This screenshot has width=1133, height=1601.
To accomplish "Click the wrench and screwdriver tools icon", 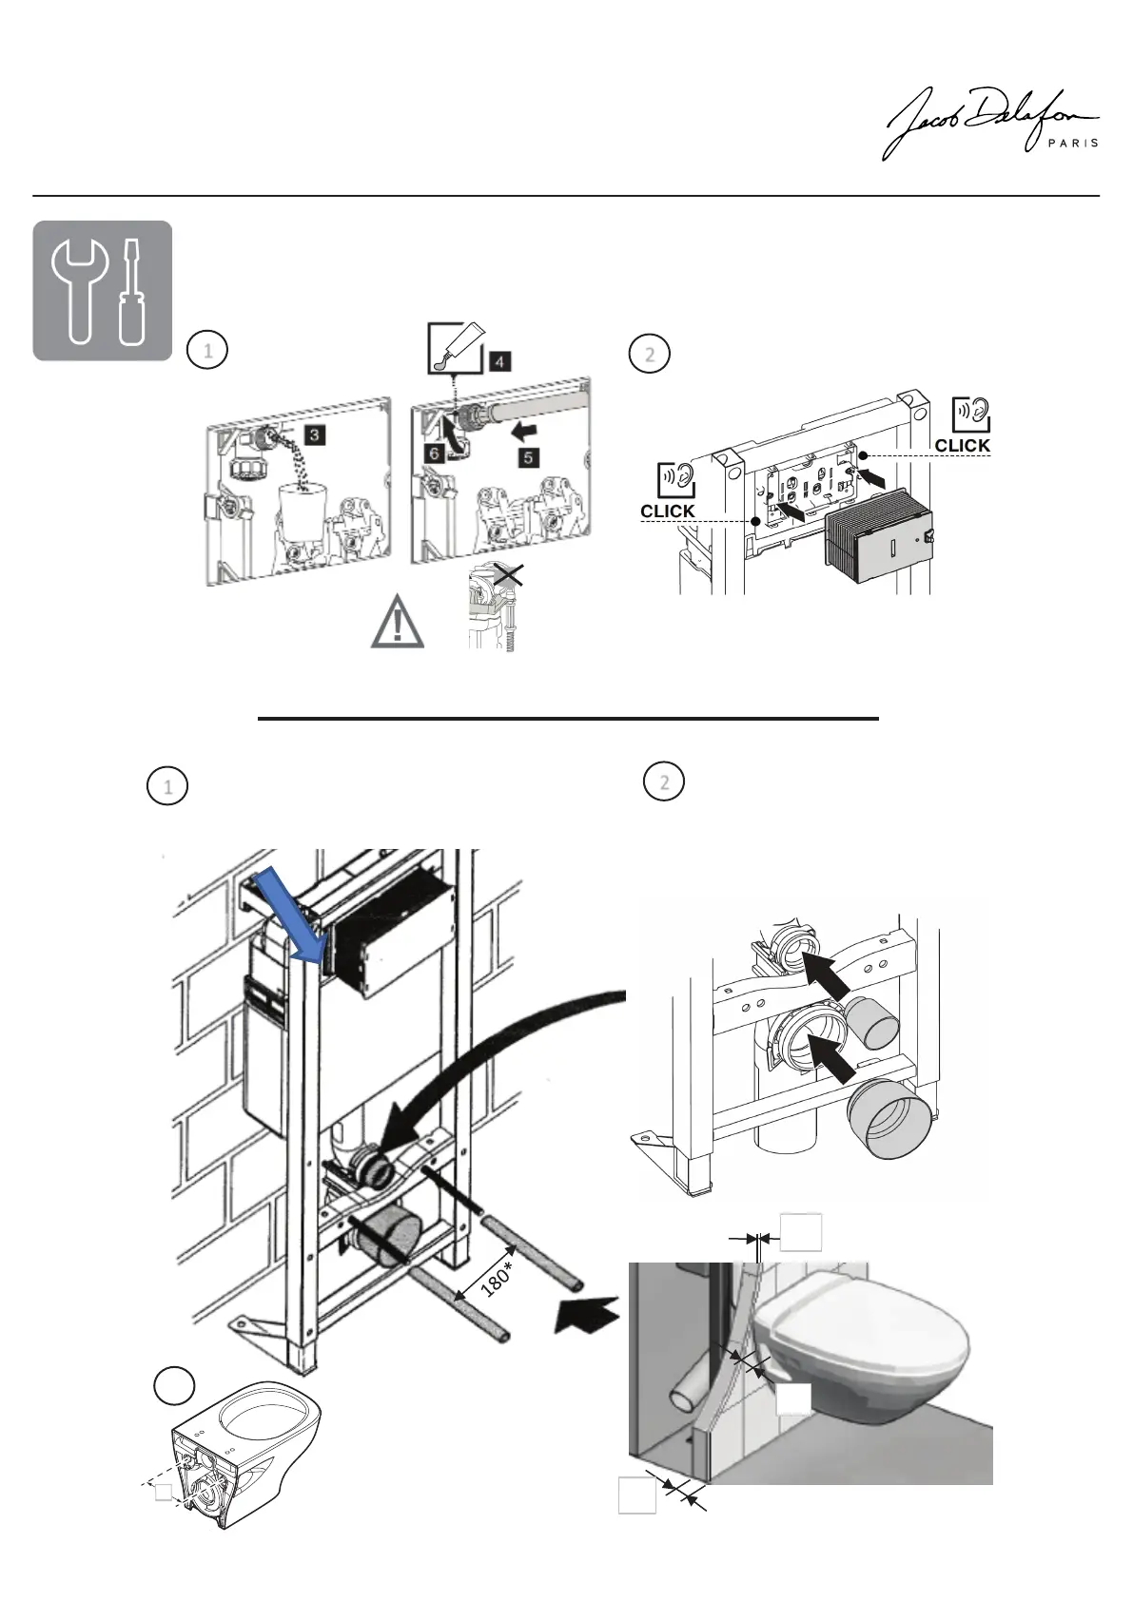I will [103, 291].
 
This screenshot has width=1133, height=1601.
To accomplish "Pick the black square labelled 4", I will [501, 361].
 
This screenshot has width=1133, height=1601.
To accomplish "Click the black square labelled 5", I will [529, 457].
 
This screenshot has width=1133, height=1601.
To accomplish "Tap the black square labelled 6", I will [434, 453].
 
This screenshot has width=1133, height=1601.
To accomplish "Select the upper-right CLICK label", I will [962, 445].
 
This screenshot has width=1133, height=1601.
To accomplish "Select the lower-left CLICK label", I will [668, 511].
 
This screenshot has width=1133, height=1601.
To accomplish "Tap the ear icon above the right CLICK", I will [970, 414].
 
